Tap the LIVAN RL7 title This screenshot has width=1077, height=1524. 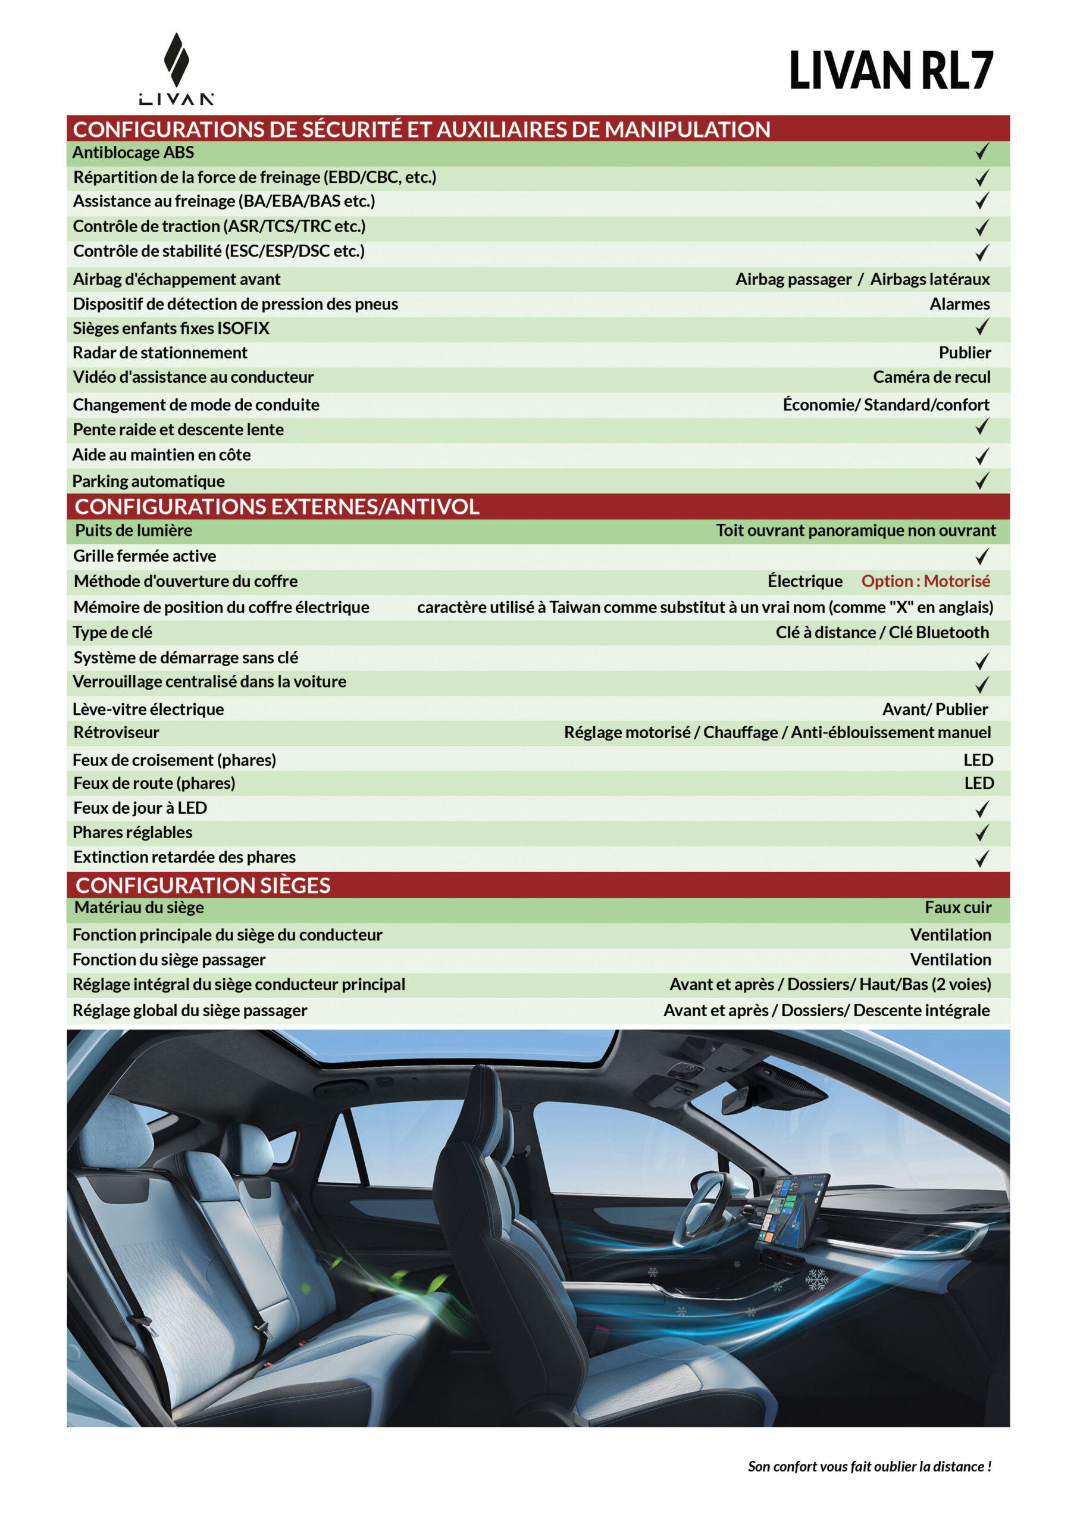(x=891, y=70)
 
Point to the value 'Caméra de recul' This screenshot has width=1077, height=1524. (x=931, y=377)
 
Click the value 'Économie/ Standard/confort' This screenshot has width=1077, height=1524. (x=886, y=405)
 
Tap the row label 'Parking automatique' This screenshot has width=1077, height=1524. (x=149, y=481)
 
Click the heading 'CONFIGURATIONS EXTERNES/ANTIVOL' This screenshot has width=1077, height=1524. (x=277, y=507)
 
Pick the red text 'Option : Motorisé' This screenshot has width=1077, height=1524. (x=925, y=582)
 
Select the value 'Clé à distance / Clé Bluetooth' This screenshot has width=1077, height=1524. (x=882, y=633)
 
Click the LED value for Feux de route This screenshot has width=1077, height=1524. (x=979, y=783)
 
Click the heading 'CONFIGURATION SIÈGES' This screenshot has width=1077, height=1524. (x=203, y=885)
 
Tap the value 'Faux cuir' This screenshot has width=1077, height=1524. (x=957, y=907)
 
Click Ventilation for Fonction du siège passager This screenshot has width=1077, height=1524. (x=950, y=960)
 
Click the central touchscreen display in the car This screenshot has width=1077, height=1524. (x=793, y=1208)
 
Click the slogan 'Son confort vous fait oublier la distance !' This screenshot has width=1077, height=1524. (x=869, y=1466)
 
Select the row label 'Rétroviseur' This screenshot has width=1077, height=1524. (x=116, y=733)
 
